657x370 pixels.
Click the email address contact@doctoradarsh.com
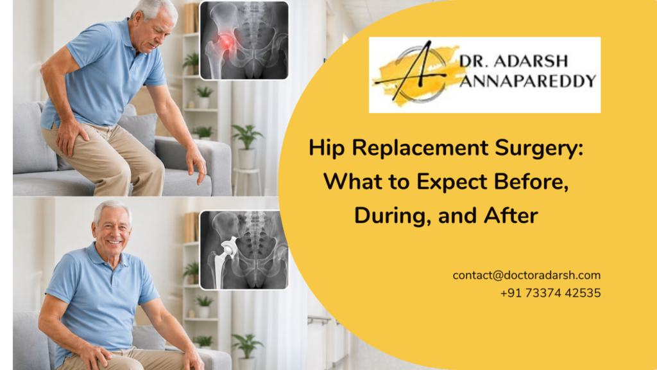(x=526, y=275)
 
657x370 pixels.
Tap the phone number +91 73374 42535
(x=550, y=293)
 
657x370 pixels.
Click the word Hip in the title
(x=325, y=148)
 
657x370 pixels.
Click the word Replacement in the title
(x=427, y=148)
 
